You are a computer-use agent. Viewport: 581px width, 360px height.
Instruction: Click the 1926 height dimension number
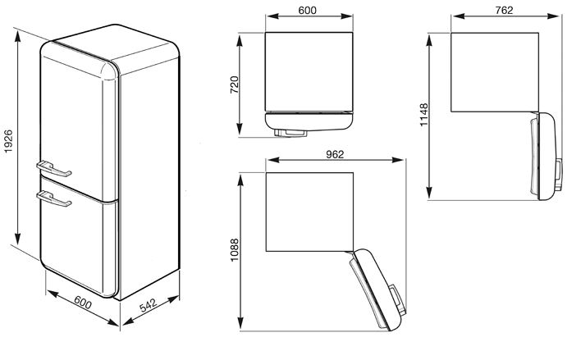click(x=8, y=140)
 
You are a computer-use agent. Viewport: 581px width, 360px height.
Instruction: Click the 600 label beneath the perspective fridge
click(x=82, y=302)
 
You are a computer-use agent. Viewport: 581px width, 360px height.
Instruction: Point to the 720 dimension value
click(x=235, y=84)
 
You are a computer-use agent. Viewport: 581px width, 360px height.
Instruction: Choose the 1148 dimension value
click(x=423, y=116)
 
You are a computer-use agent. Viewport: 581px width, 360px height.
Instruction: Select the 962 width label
click(x=333, y=153)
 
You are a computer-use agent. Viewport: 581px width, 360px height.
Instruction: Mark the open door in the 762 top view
click(x=547, y=156)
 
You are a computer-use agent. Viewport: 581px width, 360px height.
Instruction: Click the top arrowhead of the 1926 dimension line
click(x=18, y=33)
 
